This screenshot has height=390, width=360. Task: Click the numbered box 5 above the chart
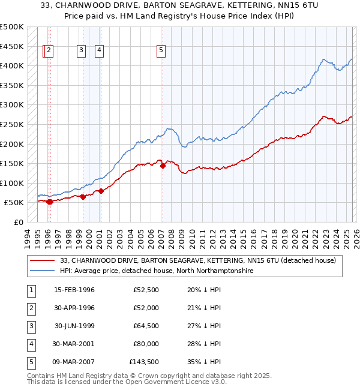[161, 51]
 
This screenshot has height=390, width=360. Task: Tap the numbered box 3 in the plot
[80, 51]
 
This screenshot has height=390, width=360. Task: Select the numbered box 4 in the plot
[98, 51]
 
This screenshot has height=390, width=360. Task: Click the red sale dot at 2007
[163, 166]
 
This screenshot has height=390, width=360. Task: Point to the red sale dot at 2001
[101, 191]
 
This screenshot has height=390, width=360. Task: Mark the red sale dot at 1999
[83, 197]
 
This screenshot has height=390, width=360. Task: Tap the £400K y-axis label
[12, 65]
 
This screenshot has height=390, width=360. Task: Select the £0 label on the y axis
[17, 222]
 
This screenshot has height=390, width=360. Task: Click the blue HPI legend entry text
[157, 271]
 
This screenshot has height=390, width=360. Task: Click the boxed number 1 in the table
[29, 290]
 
